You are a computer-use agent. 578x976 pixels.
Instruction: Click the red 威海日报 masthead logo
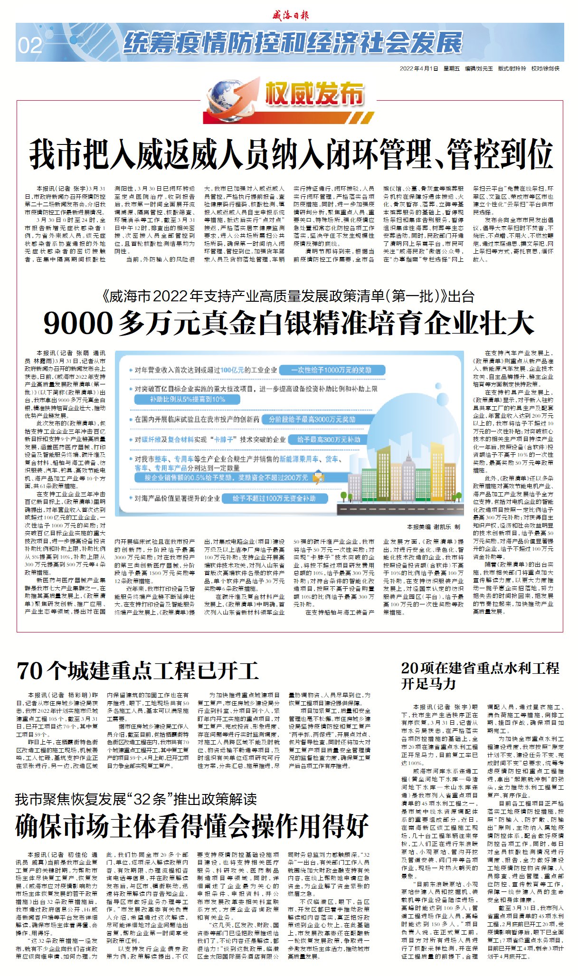point(290,15)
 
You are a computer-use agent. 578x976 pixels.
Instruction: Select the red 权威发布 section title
point(314,93)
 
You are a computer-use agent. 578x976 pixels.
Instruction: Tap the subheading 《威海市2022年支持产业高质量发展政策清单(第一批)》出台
point(288,297)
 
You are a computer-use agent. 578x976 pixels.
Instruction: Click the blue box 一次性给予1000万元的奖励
point(331,370)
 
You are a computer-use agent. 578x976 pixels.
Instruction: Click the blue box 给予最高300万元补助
point(329,440)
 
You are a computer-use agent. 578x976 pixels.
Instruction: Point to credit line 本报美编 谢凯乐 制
point(433,526)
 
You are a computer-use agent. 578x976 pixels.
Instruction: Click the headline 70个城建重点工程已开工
point(138,671)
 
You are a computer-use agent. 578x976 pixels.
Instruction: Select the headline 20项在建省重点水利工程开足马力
point(480,675)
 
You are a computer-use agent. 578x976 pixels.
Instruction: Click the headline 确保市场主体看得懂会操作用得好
point(192,825)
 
